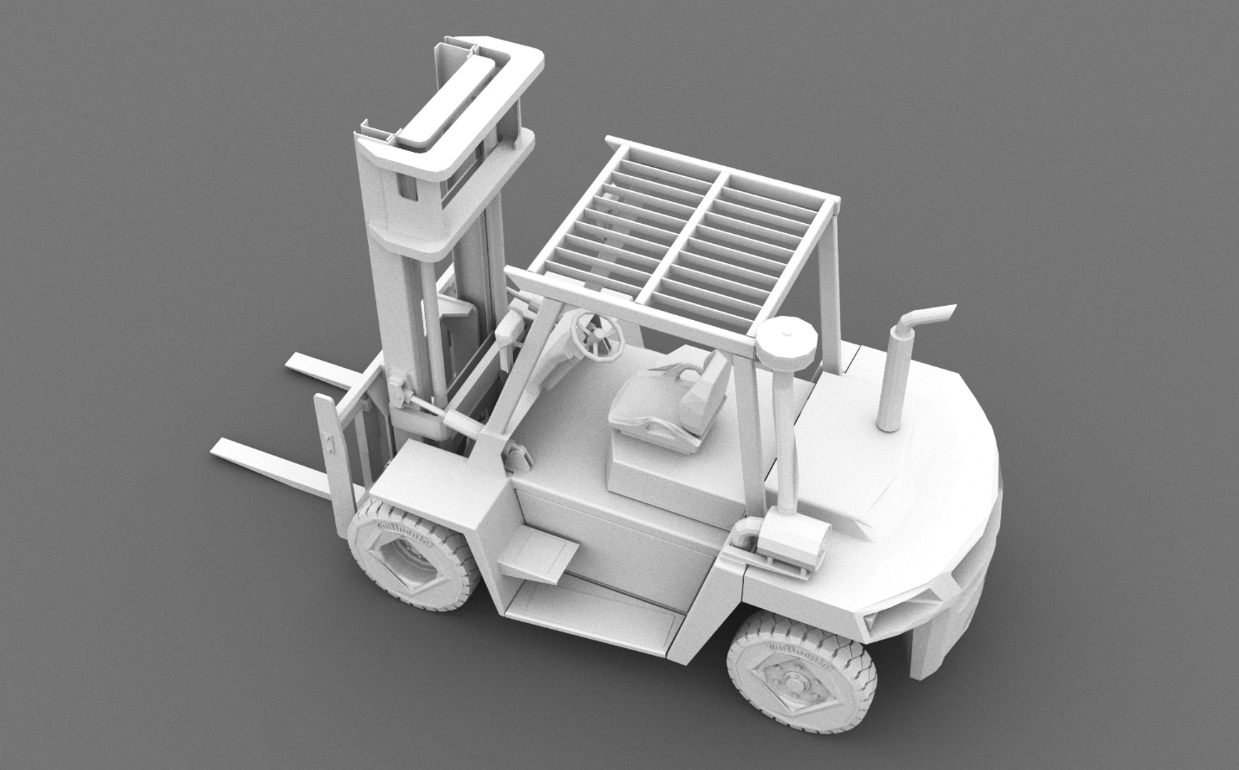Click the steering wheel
596,336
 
